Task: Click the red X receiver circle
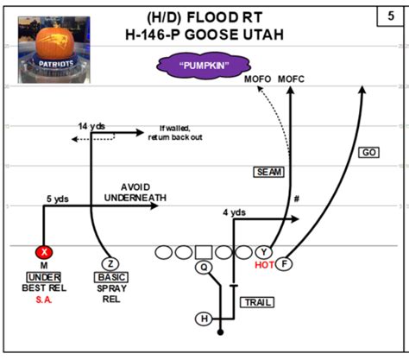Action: coord(44,252)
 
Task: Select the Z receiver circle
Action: coord(110,263)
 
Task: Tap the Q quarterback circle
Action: coord(204,267)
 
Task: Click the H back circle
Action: coord(204,319)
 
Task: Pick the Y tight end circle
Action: coord(264,252)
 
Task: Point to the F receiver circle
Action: coord(284,263)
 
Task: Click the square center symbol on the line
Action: coord(204,252)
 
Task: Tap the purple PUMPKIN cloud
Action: coord(204,66)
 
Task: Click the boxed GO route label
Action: coord(368,152)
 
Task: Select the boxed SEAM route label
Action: coord(269,172)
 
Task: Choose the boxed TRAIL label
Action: coord(257,302)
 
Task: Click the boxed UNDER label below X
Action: coord(44,277)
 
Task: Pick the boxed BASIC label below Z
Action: coord(111,277)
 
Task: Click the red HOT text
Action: coord(264,265)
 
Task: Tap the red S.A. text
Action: coord(44,300)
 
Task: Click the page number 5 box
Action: coord(390,16)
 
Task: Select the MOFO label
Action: coord(258,79)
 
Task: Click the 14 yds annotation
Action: coord(91,126)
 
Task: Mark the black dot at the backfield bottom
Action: coord(220,332)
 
